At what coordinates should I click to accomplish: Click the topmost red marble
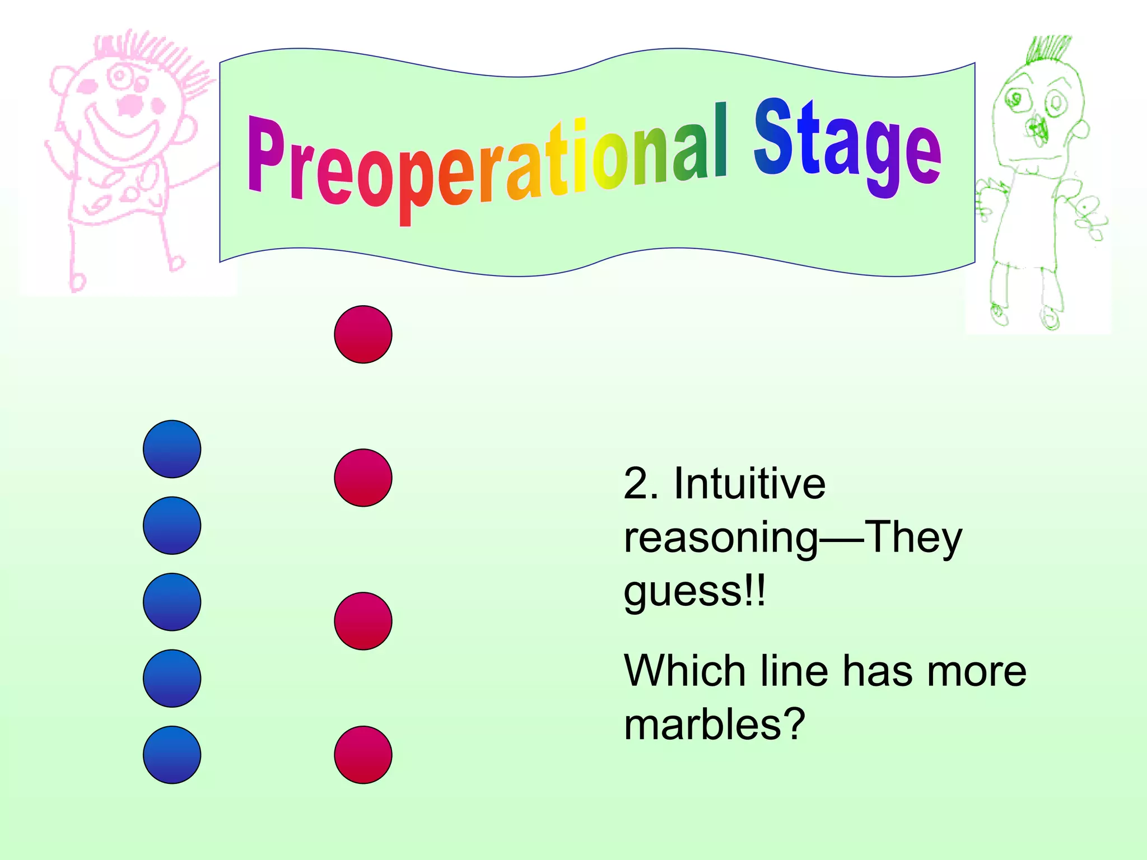click(x=363, y=334)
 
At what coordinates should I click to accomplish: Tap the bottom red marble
click(x=363, y=755)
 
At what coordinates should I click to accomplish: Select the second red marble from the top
click(x=363, y=478)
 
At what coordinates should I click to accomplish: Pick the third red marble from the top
click(x=363, y=621)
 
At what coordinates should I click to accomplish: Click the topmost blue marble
click(x=172, y=449)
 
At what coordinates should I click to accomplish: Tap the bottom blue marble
click(x=172, y=755)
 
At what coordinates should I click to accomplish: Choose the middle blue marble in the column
click(x=172, y=602)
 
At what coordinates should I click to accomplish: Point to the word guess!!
click(x=694, y=591)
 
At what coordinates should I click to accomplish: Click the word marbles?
click(x=714, y=724)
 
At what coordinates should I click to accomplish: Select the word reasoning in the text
click(x=721, y=537)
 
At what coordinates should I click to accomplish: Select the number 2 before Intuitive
click(x=635, y=484)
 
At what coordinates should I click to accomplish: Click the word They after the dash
click(x=913, y=537)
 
